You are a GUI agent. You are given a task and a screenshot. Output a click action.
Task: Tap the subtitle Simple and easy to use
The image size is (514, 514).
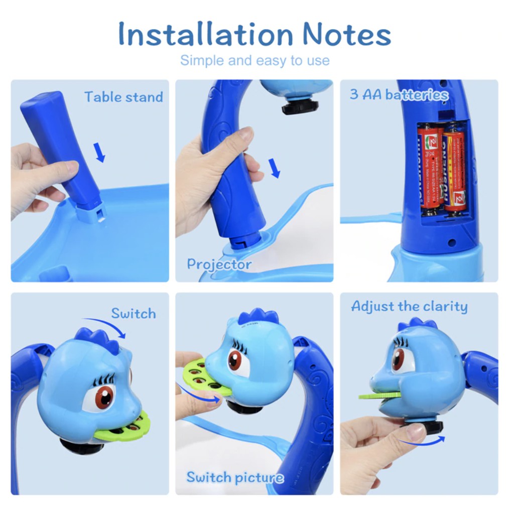[x=254, y=61]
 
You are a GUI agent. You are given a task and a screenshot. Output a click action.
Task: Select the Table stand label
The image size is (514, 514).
[x=123, y=96]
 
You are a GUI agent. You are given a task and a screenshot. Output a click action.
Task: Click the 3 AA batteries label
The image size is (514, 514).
[x=399, y=94]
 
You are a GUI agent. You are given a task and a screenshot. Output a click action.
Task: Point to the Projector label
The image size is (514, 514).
[x=219, y=264]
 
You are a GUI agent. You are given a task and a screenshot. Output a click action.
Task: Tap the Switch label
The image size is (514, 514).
[x=133, y=314]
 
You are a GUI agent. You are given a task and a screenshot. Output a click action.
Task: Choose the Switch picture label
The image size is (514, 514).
[x=234, y=477]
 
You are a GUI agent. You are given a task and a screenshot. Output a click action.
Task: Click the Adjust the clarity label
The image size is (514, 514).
[x=409, y=306]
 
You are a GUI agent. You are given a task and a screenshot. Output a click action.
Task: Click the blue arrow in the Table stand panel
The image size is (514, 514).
[x=100, y=152]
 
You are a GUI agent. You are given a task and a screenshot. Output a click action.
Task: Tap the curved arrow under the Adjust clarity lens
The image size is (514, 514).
[x=421, y=442]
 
